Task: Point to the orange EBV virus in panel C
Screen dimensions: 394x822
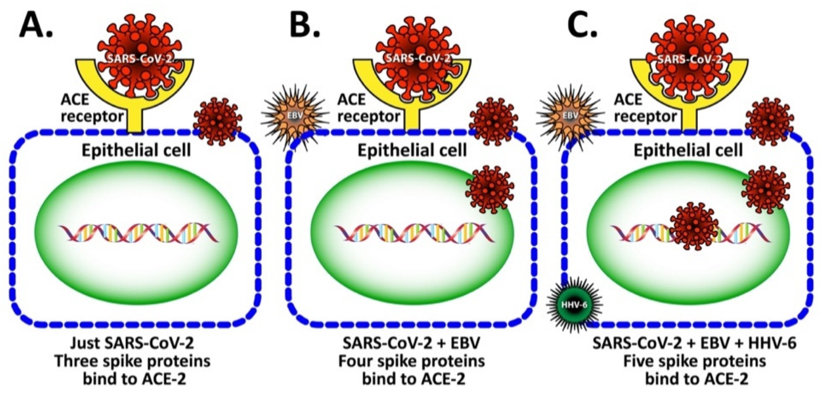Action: pyautogui.click(x=568, y=115)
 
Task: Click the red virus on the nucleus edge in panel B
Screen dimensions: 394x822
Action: pyautogui.click(x=490, y=189)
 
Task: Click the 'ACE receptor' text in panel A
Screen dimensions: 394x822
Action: pyautogui.click(x=92, y=108)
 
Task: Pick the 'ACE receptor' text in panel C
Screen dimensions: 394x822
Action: pyautogui.click(x=645, y=108)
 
